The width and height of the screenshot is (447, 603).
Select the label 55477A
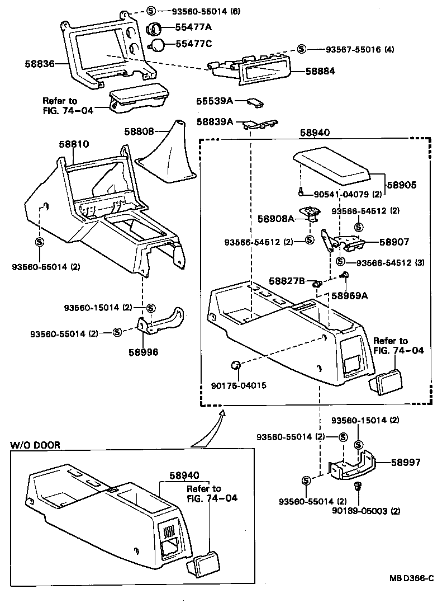point(194,27)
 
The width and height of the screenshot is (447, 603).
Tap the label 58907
point(394,242)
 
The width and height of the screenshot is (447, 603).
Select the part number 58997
point(406,463)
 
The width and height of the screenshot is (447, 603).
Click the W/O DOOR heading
point(35,445)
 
